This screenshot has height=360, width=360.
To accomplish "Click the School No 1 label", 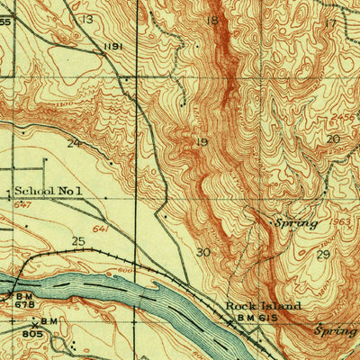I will pyautogui.click(x=49, y=191).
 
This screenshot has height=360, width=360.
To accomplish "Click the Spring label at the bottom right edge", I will pyautogui.click(x=336, y=330).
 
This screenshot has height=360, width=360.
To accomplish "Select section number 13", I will pyautogui.click(x=86, y=18).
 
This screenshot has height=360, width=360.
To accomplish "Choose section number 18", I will pyautogui.click(x=212, y=20).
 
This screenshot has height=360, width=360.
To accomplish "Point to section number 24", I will pyautogui.click(x=74, y=142).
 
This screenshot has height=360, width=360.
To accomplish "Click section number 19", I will pyautogui.click(x=201, y=142).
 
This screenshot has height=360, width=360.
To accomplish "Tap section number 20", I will pyautogui.click(x=334, y=139).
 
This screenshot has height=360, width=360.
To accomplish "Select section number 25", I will pyautogui.click(x=78, y=241).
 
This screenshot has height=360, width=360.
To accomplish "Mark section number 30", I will pyautogui.click(x=204, y=252).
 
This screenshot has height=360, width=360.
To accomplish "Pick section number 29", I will pyautogui.click(x=324, y=256).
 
